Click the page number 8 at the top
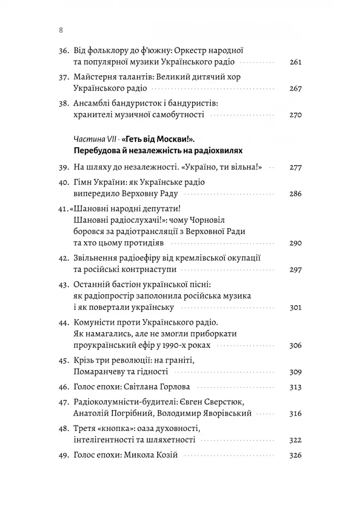pyautogui.click(x=60, y=30)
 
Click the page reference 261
pyautogui.click(x=295, y=63)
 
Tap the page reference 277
pyautogui.click(x=295, y=168)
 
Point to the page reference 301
pyautogui.click(x=295, y=307)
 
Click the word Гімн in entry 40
pyautogui.click(x=83, y=181)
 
